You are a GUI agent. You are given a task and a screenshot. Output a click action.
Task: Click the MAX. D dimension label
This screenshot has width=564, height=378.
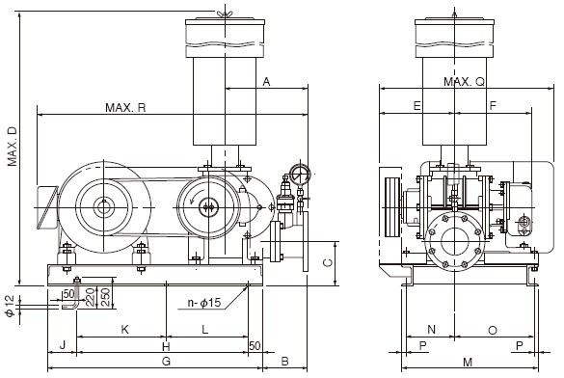tap(13, 145)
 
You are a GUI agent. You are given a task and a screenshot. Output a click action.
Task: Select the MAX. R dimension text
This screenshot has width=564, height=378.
tap(125, 107)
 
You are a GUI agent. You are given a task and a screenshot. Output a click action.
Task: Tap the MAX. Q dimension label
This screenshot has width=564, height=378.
tap(464, 83)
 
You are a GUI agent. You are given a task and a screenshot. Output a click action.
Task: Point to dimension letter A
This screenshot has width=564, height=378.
tap(266, 83)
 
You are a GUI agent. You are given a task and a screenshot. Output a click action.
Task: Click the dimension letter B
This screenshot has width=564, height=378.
tap(284, 361)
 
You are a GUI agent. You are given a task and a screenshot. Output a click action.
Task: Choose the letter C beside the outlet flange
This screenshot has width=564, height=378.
tap(327, 262)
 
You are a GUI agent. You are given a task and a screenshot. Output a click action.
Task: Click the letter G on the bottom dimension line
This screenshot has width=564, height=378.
tap(166, 361)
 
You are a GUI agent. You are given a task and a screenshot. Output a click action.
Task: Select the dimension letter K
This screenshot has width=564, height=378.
tap(124, 330)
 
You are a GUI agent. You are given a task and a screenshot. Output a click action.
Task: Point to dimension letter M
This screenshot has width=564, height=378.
tap(467, 362)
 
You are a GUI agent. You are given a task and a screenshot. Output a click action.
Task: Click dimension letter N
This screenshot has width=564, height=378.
tap(431, 330)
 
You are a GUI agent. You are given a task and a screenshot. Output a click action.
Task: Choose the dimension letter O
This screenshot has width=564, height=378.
tap(492, 330)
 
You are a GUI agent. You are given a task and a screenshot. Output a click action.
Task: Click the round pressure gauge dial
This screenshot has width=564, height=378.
tap(298, 175)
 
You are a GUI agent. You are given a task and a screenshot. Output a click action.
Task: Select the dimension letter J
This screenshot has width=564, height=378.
tap(62, 345)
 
